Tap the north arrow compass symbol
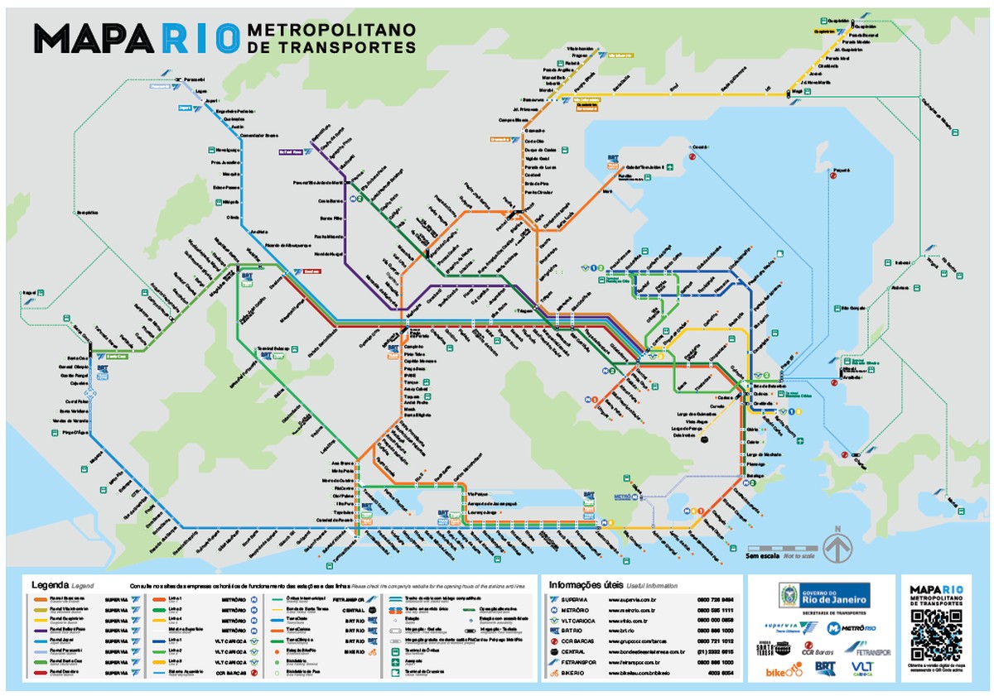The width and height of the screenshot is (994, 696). click(x=837, y=547)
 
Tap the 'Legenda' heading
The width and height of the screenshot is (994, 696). click(x=49, y=584)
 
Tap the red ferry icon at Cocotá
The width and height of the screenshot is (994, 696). click(x=692, y=154)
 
